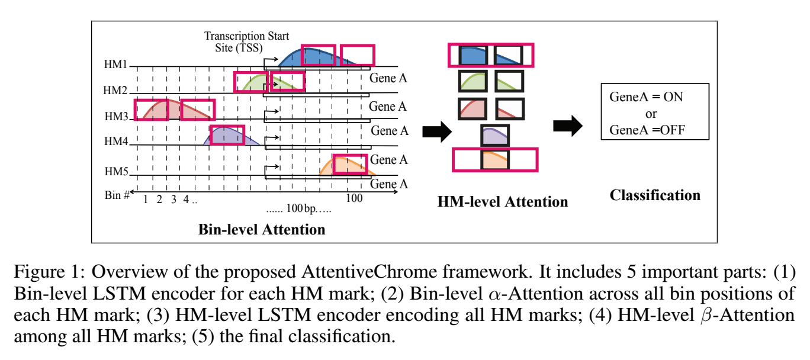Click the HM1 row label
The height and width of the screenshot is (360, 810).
pos(116,64)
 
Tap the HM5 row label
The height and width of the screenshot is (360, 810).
pos(116,172)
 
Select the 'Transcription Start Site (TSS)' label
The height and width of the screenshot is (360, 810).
pos(246,42)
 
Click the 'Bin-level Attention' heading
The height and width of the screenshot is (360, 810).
pos(261,229)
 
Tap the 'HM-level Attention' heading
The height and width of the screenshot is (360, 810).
pos(502,201)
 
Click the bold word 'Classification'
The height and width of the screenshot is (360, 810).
pos(655,195)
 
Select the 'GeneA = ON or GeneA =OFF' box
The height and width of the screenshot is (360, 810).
pos(654,113)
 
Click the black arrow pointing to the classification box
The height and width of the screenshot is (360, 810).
pos(567,127)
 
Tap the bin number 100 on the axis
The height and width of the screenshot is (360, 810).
pos(354,198)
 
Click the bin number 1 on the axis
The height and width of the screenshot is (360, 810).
pos(146,199)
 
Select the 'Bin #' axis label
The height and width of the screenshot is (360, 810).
pos(118,194)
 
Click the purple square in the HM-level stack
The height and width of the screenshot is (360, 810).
pos(494,136)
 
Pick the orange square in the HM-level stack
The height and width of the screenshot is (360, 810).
pos(494,160)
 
